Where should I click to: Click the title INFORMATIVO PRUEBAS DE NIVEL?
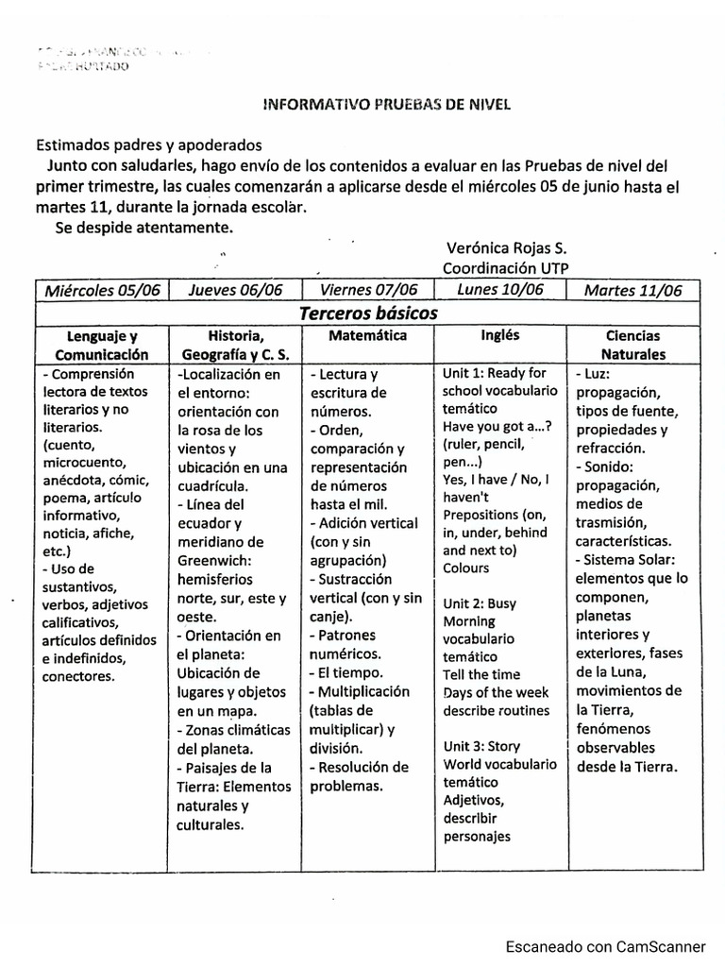(x=385, y=105)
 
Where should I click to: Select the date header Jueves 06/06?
(x=236, y=290)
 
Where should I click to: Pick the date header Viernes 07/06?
(x=368, y=289)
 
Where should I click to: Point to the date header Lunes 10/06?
(x=500, y=289)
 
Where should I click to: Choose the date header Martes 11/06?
(x=632, y=290)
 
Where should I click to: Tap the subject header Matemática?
(x=368, y=336)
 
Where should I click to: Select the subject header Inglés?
(x=500, y=335)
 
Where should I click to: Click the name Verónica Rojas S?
(x=506, y=248)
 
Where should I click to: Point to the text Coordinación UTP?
(x=506, y=268)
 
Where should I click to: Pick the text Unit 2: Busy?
(x=479, y=603)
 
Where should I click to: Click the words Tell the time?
(x=481, y=674)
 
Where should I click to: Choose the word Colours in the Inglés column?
(x=466, y=568)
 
